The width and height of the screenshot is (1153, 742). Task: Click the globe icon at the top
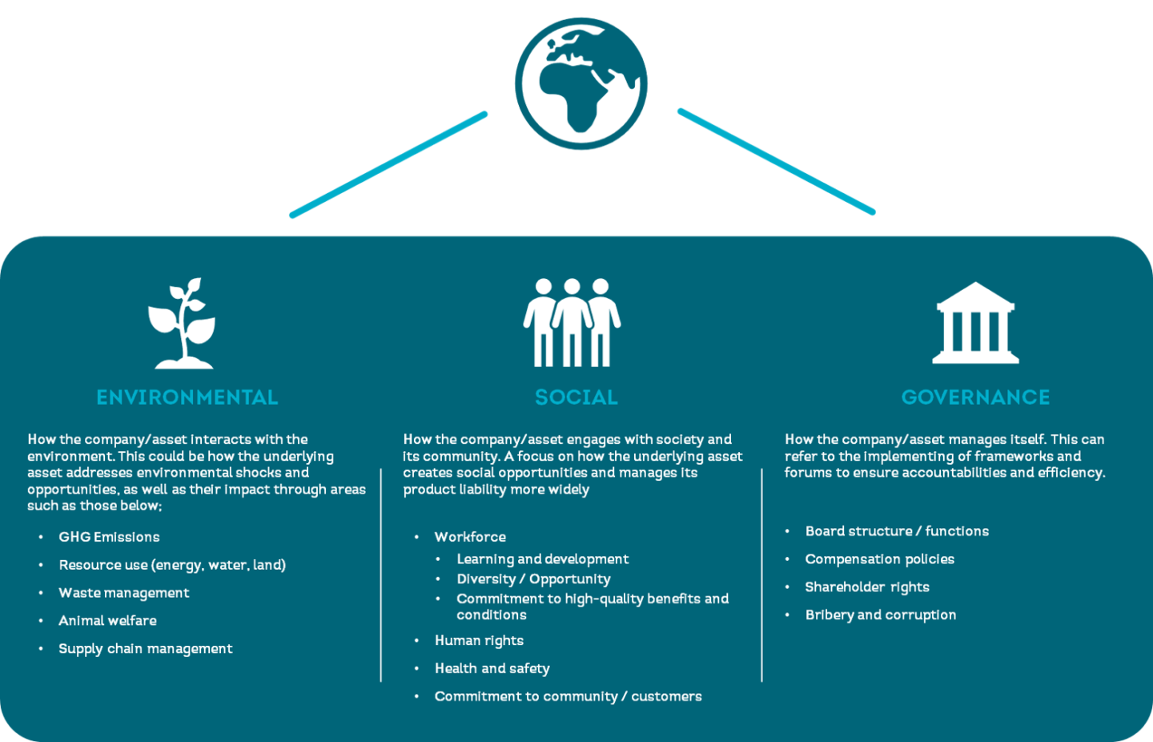point(581,83)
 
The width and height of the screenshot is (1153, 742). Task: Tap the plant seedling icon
point(183,324)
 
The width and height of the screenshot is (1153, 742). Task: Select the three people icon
point(572,323)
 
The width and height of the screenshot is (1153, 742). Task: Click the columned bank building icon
point(974,324)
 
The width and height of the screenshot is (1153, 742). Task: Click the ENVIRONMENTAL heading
point(187,397)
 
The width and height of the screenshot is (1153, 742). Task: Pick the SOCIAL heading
point(576,397)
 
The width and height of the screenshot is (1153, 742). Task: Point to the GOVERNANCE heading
point(975,397)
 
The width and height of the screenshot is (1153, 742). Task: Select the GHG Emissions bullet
point(109,537)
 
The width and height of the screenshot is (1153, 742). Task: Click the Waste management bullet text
point(124,593)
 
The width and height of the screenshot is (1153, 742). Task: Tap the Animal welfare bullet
point(107,621)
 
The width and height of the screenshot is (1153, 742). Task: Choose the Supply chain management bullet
point(146,649)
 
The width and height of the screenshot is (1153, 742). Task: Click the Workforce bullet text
point(470,537)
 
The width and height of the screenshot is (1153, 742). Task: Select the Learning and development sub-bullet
point(542,559)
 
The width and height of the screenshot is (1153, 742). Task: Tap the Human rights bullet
point(479,641)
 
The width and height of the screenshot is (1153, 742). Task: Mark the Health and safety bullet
point(492,669)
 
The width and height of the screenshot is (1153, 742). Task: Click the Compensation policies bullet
point(879,559)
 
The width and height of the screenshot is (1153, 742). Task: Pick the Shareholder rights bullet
point(867,587)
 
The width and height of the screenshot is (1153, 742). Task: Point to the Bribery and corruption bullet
point(880,615)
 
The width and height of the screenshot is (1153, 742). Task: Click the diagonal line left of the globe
point(389,164)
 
